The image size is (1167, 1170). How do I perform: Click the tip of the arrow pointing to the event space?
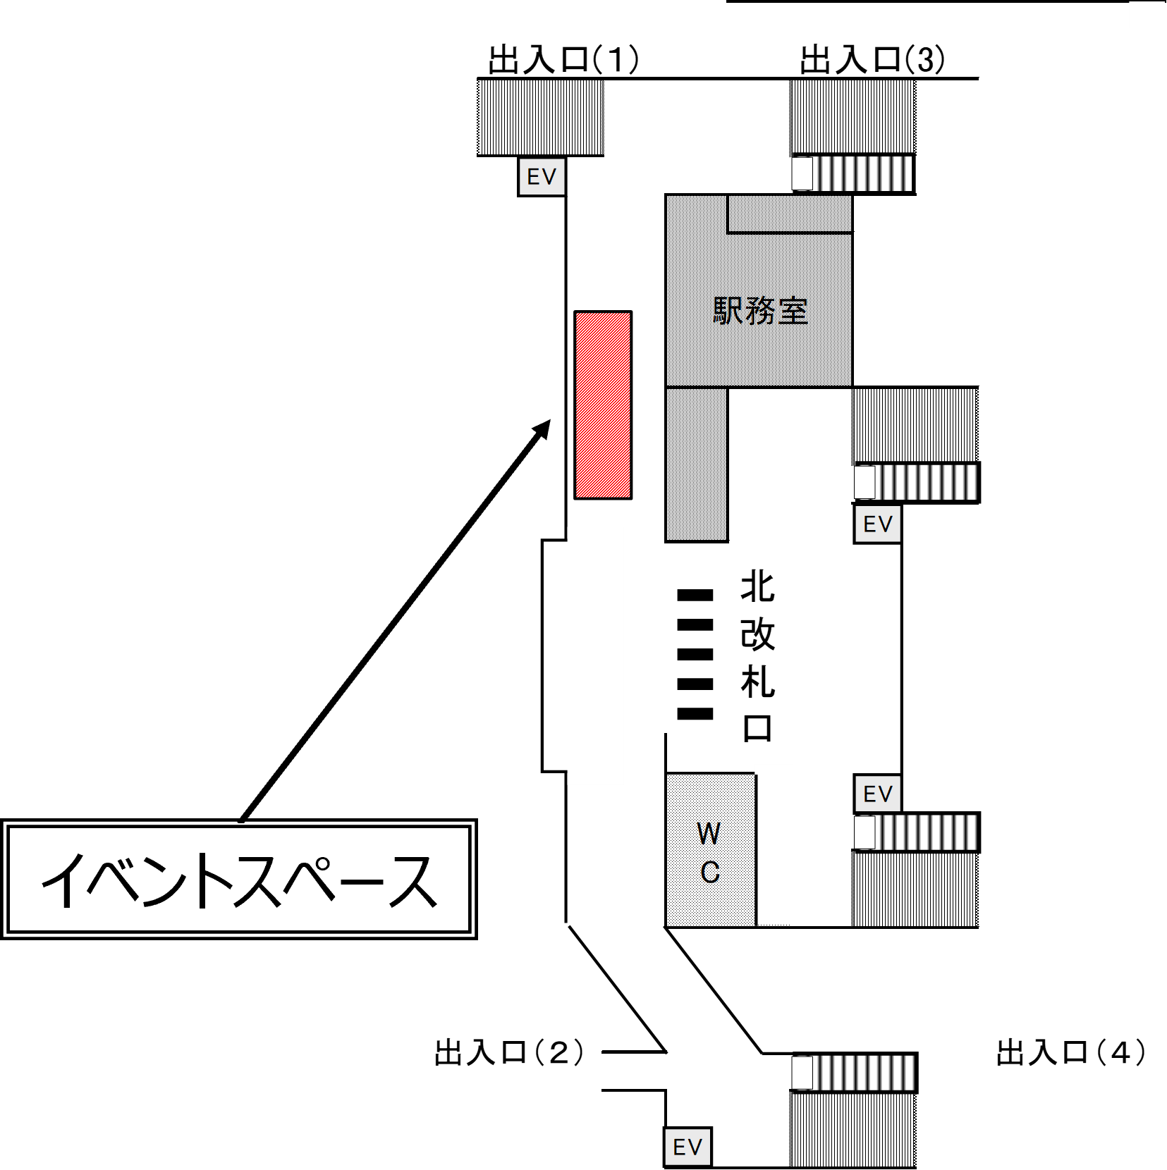click(x=550, y=420)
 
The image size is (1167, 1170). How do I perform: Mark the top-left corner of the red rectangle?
click(x=575, y=312)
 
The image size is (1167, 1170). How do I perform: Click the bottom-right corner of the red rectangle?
click(x=631, y=499)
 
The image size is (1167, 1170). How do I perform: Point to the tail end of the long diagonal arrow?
click(x=241, y=821)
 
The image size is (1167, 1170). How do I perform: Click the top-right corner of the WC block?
click(x=756, y=774)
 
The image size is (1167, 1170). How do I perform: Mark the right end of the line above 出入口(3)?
click(x=979, y=78)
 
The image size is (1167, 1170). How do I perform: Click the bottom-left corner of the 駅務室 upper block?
click(x=666, y=387)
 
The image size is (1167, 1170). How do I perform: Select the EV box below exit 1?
click(x=542, y=176)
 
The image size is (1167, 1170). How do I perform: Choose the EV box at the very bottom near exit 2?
click(x=688, y=1147)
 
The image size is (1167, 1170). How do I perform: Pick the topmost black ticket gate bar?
click(x=695, y=596)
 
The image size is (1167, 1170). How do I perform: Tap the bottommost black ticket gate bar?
click(x=695, y=714)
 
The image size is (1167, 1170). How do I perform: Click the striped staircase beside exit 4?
click(x=854, y=1073)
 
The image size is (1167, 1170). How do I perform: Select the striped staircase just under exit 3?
click(x=853, y=173)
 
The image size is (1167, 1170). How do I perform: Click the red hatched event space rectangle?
click(x=603, y=405)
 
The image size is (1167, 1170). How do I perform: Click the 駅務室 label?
click(x=760, y=311)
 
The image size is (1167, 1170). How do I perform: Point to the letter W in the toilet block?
click(x=709, y=834)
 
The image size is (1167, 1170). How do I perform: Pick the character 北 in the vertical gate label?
click(x=758, y=587)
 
